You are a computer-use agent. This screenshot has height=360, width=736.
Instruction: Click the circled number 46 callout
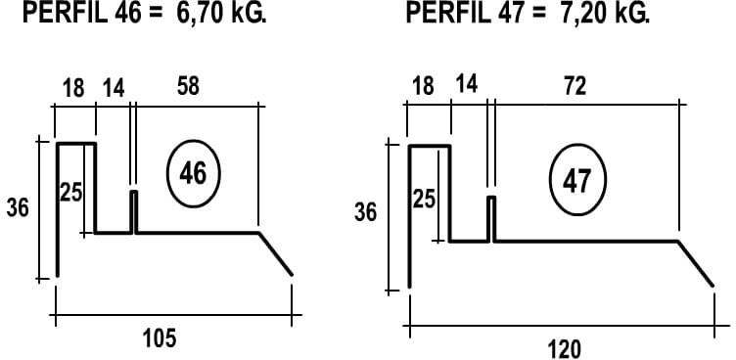194,174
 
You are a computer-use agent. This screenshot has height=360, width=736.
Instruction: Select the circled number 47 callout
577,181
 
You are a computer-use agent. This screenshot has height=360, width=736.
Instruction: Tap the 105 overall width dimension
160,338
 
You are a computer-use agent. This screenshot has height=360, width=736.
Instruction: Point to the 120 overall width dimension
564,349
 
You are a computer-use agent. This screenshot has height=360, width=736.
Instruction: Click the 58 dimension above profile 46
188,87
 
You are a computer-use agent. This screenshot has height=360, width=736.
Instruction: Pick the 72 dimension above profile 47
575,86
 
